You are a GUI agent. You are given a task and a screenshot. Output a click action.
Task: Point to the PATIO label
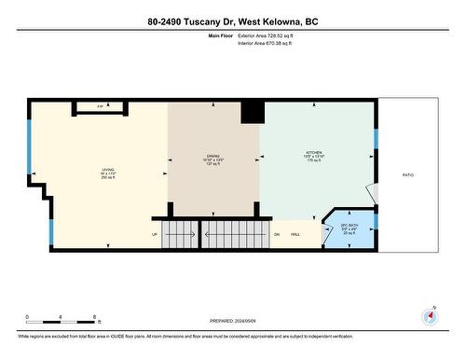(407, 174)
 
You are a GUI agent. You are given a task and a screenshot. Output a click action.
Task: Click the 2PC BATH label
(349, 228)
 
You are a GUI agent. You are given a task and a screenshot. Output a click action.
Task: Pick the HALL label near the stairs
(295, 234)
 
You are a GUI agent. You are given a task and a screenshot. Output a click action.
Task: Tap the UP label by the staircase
(154, 234)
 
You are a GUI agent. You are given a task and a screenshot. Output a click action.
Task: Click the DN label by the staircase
(277, 234)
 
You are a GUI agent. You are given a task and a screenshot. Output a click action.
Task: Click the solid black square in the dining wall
(253, 112)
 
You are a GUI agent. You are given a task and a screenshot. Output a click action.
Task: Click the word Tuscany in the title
(218, 21)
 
